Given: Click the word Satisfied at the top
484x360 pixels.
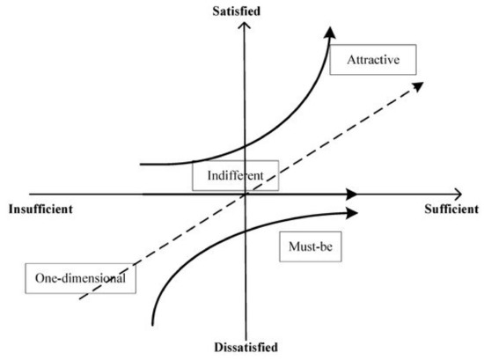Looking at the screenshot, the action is click(x=236, y=11).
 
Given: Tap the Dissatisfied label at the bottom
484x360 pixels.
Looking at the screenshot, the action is click(x=246, y=347).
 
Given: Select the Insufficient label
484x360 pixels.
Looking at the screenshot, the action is click(x=40, y=209).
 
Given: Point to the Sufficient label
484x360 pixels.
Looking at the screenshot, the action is click(x=451, y=209).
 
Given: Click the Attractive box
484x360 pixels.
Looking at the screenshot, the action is click(x=373, y=60).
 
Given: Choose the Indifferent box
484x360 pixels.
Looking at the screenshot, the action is click(x=236, y=175).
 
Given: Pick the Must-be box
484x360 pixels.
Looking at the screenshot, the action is click(x=311, y=246).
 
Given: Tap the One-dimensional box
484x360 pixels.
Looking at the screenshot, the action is click(x=80, y=278).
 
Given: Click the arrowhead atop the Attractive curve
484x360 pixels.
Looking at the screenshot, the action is click(x=330, y=33).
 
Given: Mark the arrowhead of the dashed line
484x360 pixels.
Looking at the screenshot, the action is click(x=419, y=86).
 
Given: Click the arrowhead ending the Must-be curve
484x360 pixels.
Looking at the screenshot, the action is click(x=352, y=213).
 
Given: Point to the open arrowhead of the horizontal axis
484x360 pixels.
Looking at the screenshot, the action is click(x=458, y=195).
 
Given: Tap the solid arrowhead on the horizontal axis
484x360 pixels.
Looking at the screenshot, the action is click(x=351, y=195).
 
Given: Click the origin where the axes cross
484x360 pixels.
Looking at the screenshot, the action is click(x=246, y=195).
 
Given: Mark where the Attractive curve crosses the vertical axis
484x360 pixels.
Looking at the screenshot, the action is click(x=245, y=146).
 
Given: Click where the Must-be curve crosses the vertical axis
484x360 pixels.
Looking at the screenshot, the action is click(x=246, y=231).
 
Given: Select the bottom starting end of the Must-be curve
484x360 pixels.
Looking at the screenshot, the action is click(x=152, y=325).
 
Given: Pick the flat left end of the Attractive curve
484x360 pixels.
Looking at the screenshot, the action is click(x=141, y=165).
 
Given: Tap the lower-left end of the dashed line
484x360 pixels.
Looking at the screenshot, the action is click(x=80, y=299).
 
